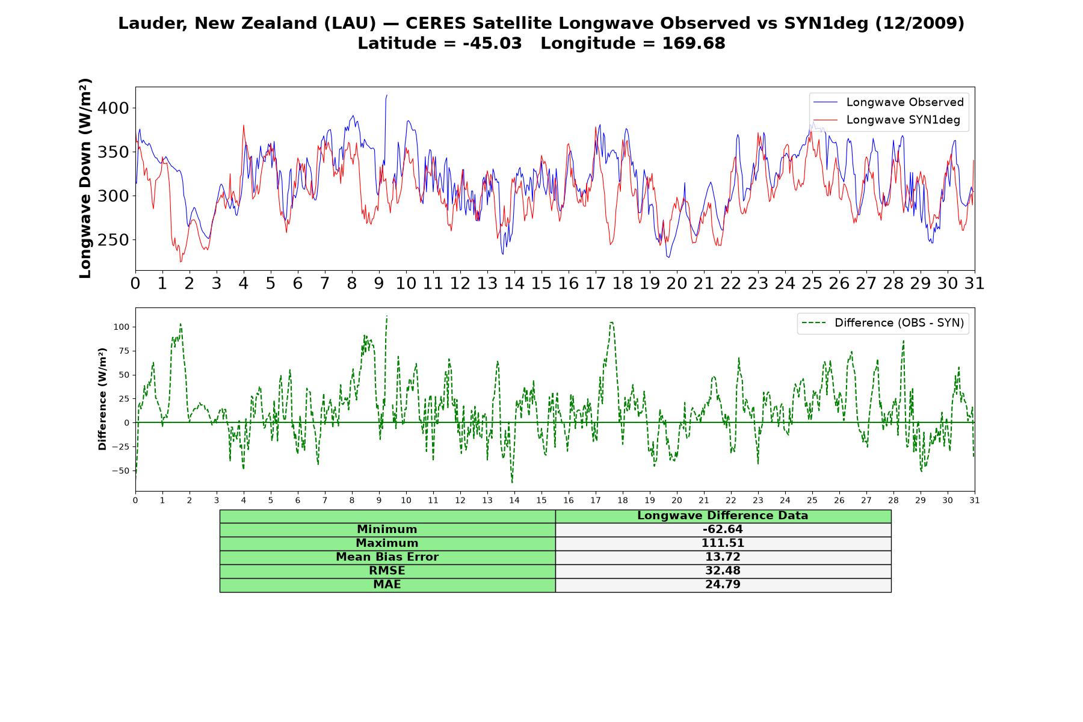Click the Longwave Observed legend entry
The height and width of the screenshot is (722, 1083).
(x=889, y=102)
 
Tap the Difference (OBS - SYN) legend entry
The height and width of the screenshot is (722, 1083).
(x=883, y=323)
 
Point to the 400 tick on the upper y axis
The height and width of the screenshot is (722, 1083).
(x=113, y=108)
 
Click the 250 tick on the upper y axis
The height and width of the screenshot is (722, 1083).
(x=113, y=240)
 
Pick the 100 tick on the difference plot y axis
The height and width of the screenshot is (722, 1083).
(x=121, y=327)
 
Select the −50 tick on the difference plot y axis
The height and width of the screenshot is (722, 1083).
(x=120, y=471)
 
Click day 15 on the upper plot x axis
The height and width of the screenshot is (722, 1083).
(x=541, y=283)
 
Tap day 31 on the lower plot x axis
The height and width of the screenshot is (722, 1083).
(x=975, y=500)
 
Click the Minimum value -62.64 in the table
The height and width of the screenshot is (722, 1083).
(x=723, y=529)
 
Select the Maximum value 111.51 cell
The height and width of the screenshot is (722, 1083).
(x=723, y=543)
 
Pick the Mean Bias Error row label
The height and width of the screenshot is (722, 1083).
(x=387, y=557)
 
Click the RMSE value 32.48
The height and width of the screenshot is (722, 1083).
(x=723, y=571)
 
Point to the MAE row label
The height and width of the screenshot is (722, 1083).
(x=387, y=585)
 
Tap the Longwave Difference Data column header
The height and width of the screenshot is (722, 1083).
(x=723, y=516)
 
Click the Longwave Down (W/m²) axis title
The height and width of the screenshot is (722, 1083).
(x=85, y=178)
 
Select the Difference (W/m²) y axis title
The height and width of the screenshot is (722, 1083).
(x=102, y=399)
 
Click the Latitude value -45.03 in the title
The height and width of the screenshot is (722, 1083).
(x=492, y=43)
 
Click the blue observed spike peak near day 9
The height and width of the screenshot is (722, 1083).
(x=387, y=95)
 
